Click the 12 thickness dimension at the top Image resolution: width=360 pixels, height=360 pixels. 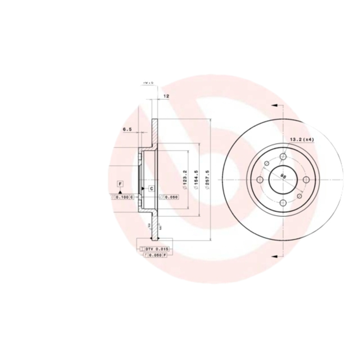[166, 96]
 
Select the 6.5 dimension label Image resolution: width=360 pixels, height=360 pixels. [127, 130]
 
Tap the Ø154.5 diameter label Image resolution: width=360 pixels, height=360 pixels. [196, 180]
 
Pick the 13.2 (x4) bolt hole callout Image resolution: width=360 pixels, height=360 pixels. [301, 139]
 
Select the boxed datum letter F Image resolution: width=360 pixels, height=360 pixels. [120, 183]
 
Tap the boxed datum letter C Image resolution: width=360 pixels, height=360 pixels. [152, 188]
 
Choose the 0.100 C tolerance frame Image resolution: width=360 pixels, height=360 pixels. [122, 197]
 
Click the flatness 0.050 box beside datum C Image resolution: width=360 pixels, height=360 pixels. [169, 197]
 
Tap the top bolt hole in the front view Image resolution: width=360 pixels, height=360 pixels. [283, 156]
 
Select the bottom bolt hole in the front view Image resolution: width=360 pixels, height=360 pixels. [283, 202]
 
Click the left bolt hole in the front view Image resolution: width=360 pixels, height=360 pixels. [260, 179]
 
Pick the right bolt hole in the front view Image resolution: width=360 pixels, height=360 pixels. [306, 179]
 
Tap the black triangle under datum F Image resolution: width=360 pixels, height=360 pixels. [120, 192]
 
